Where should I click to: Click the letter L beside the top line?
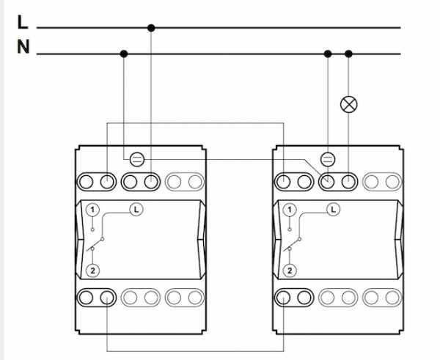point(23,22)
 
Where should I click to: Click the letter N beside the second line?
point(23,47)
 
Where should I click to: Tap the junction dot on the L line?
point(151,28)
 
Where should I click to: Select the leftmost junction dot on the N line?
point(124,54)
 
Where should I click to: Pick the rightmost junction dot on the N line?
point(348,54)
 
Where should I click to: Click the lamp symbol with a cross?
point(349,104)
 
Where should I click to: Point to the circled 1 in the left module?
point(92,210)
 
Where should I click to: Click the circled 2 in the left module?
point(92,271)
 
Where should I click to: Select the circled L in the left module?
point(136,210)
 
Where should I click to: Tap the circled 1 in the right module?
point(290,210)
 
